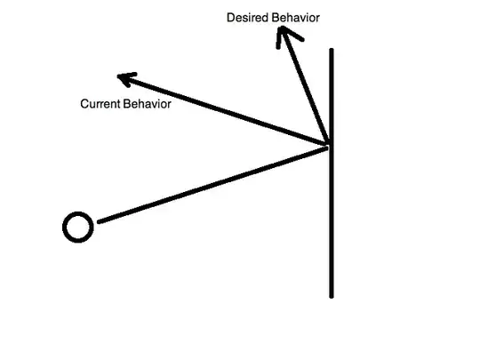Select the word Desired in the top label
coord(245,18)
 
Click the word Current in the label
coord(100,104)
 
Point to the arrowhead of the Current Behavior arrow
coord(124,79)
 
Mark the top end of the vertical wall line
coord(332,51)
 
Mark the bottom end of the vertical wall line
coord(332,295)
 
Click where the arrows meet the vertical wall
coord(330,145)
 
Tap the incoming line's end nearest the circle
coord(98,221)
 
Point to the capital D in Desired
coord(230,18)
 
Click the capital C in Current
coord(84,104)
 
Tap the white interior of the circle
coord(77,228)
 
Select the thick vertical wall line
coord(332,222)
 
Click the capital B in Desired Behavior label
coord(270,18)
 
